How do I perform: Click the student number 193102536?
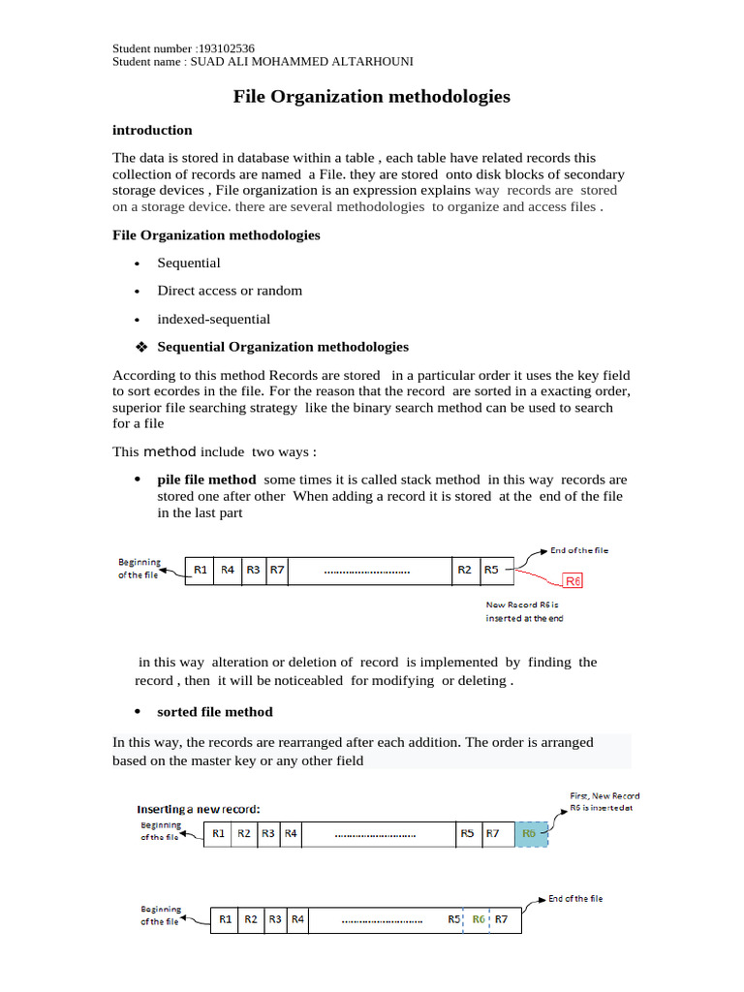pos(226,48)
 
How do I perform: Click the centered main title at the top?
pos(371,97)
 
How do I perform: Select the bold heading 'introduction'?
pos(152,130)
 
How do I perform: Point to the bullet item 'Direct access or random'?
pos(230,291)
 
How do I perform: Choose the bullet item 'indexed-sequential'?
pos(213,319)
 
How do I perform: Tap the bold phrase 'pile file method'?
pos(206,480)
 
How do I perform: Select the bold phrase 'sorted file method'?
pos(215,712)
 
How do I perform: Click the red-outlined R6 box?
pos(573,581)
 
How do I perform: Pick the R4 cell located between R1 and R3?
pos(227,570)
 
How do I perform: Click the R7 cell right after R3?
pos(277,570)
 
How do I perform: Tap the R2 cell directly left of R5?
pos(465,570)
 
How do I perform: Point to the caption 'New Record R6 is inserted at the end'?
pos(523,611)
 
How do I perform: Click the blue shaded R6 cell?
pos(530,833)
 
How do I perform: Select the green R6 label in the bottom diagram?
pos(479,918)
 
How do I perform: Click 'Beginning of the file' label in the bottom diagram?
pos(161,915)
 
